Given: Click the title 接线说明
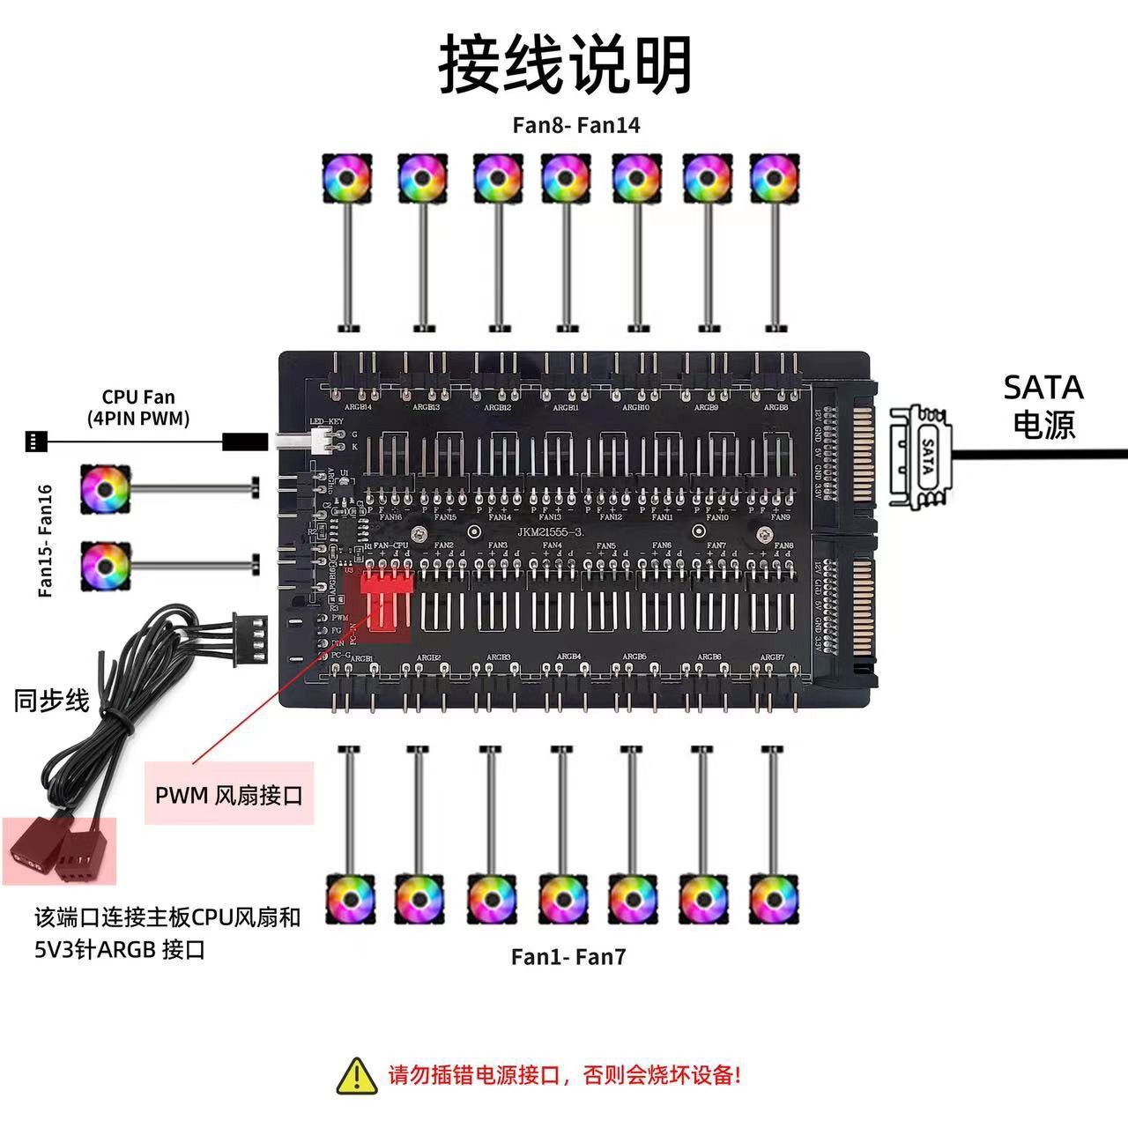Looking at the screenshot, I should pos(565,65).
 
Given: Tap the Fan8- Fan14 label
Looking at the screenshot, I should pos(576,125).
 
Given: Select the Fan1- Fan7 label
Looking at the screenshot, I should pos(568,957).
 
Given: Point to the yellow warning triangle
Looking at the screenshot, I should pos(357,1076).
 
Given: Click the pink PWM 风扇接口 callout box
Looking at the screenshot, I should pos(229,794).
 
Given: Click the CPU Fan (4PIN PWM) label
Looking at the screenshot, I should pos(138,408).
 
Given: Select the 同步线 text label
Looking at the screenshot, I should pos(51,701).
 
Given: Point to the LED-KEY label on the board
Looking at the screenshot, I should pos(325,421).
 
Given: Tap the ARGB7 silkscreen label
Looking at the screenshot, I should pos(772,657).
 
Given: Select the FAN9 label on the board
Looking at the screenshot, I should pos(780,517).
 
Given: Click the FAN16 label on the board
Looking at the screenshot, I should pos(390,517).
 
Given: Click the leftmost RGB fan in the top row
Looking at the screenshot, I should pos(346,178).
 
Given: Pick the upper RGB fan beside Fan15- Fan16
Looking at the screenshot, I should pos(106,489).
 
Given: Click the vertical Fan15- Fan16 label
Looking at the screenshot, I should pos(46,539).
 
